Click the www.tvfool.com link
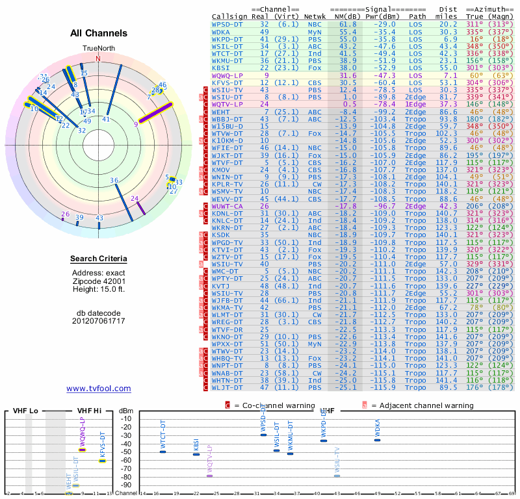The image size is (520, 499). pyautogui.click(x=98, y=389)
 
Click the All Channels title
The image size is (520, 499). pyautogui.click(x=99, y=33)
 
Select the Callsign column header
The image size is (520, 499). pyautogui.click(x=229, y=16)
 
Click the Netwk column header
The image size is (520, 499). pyautogui.click(x=315, y=16)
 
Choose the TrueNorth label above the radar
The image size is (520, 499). pyautogui.click(x=98, y=49)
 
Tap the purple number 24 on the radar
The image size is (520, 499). pyautogui.click(x=135, y=198)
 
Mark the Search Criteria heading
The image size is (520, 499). pyautogui.click(x=98, y=259)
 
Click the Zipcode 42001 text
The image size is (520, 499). pyautogui.click(x=98, y=281)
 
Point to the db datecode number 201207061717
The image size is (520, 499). pyautogui.click(x=98, y=321)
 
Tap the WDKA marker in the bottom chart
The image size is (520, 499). pyautogui.click(x=377, y=440)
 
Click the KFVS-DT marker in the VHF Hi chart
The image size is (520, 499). pyautogui.click(x=101, y=461)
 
